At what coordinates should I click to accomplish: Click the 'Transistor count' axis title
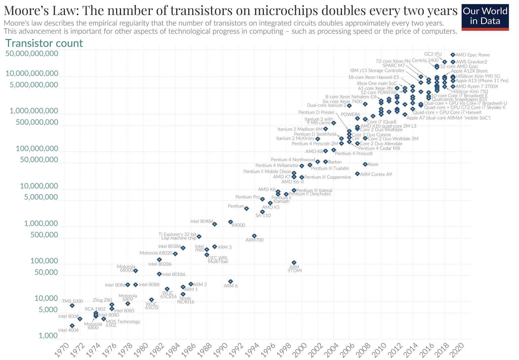click(x=44, y=43)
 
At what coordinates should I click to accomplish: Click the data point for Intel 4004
click(x=72, y=326)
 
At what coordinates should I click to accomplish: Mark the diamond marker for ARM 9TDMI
click(x=294, y=263)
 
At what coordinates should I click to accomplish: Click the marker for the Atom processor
click(x=365, y=164)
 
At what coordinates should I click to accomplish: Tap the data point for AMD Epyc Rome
click(x=453, y=55)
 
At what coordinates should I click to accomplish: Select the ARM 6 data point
click(x=231, y=281)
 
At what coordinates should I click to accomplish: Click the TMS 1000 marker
click(x=72, y=306)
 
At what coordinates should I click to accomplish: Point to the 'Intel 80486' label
click(x=202, y=221)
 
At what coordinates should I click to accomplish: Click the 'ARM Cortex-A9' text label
click(x=376, y=174)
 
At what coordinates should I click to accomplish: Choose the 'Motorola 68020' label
click(x=156, y=253)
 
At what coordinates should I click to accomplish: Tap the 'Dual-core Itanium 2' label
click(x=327, y=105)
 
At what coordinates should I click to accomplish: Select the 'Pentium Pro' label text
click(x=248, y=197)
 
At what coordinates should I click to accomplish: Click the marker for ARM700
click(x=254, y=236)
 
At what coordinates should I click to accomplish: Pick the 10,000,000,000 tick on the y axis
click(x=32, y=74)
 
